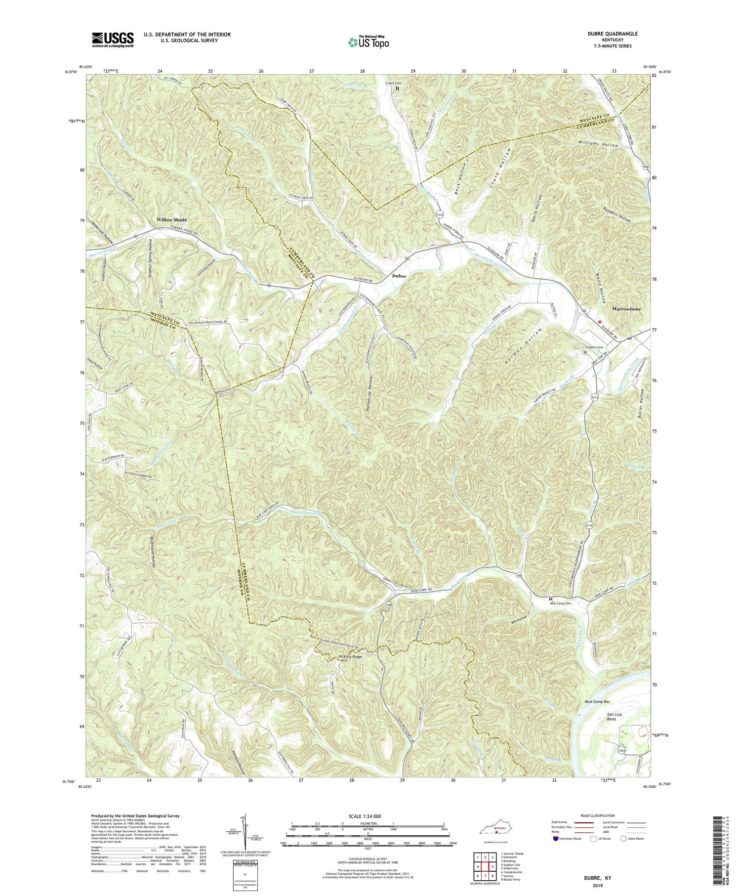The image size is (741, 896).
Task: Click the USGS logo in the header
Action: point(112,40)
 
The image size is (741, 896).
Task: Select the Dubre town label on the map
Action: point(399,276)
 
